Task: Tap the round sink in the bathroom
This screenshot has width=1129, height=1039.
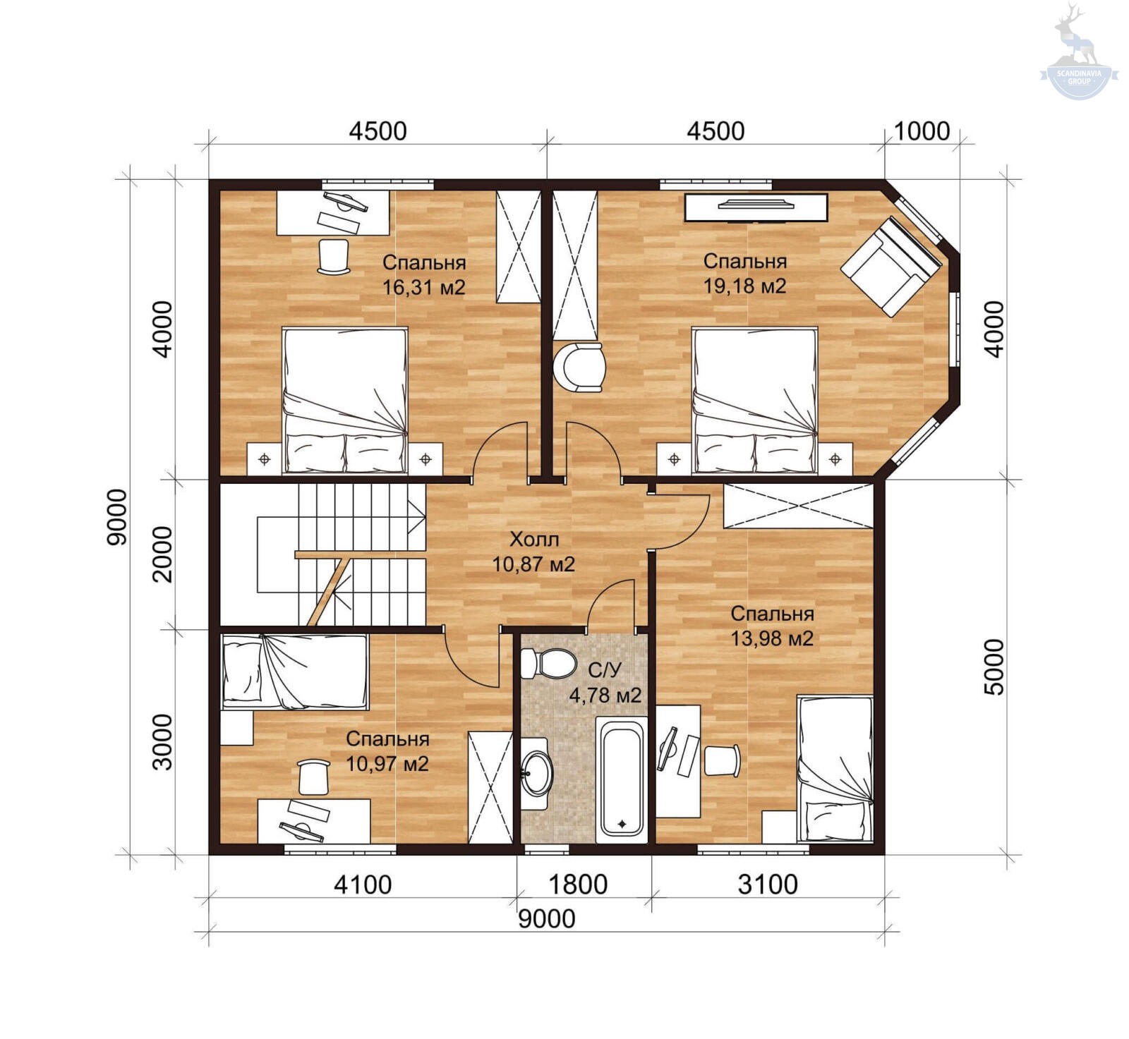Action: (537, 773)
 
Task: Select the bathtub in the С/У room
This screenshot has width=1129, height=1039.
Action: (621, 779)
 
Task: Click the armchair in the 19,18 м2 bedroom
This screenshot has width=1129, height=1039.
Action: (890, 267)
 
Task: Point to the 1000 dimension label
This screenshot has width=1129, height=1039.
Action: (922, 131)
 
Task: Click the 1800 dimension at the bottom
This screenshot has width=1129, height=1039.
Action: (578, 884)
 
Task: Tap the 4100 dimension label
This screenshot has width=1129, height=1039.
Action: (363, 884)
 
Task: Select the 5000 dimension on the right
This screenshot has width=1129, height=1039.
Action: (994, 667)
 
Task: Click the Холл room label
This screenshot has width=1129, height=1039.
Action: (534, 540)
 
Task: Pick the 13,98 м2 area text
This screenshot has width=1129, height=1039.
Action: (772, 638)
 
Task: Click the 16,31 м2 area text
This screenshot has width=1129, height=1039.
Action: (424, 287)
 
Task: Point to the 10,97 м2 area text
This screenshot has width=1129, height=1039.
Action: (387, 764)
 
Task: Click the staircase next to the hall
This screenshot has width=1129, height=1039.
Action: (324, 554)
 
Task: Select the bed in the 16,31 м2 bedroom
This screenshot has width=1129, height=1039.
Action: (345, 400)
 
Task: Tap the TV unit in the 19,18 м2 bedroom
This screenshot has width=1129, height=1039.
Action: (756, 207)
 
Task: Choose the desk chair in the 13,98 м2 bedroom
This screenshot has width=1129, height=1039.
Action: (722, 760)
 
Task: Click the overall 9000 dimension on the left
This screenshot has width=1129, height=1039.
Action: (117, 516)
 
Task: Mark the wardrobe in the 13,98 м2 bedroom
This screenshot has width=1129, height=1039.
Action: (799, 506)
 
